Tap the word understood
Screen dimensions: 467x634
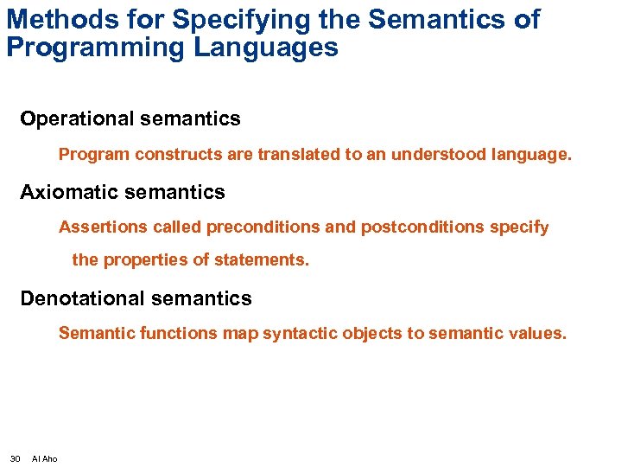tap(438, 156)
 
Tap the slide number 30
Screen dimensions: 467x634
tap(15, 458)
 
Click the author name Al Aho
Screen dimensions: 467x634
tap(45, 458)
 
